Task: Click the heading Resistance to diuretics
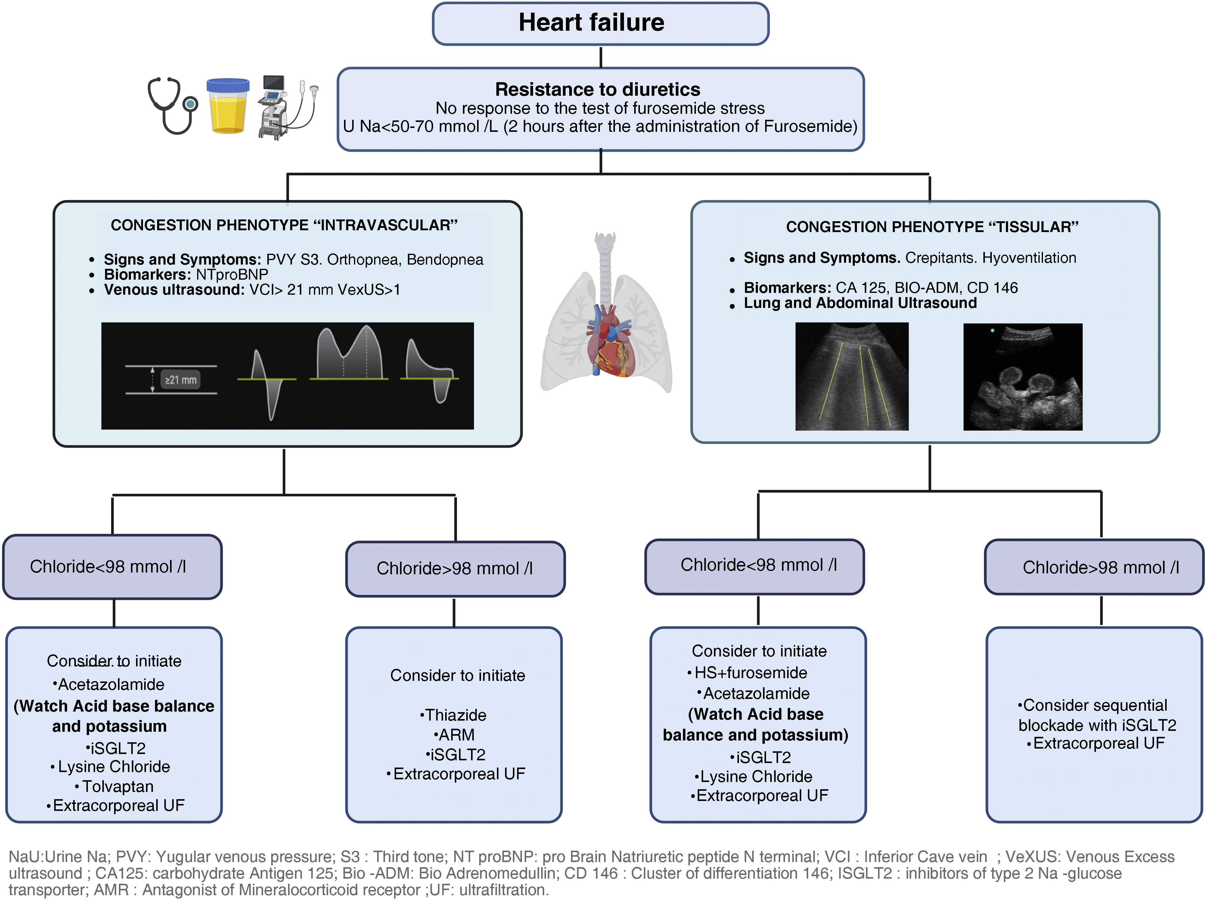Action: pos(597,89)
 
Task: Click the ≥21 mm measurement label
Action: pos(181,380)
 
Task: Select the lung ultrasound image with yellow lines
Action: pos(852,377)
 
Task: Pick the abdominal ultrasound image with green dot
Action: pos(1022,377)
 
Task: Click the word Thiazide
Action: pos(455,715)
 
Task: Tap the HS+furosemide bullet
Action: pos(750,673)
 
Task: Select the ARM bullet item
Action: pos(456,735)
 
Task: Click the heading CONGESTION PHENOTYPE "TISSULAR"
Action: pos(932,227)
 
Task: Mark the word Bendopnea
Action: pos(445,260)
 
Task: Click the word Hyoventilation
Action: pos(1029,258)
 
